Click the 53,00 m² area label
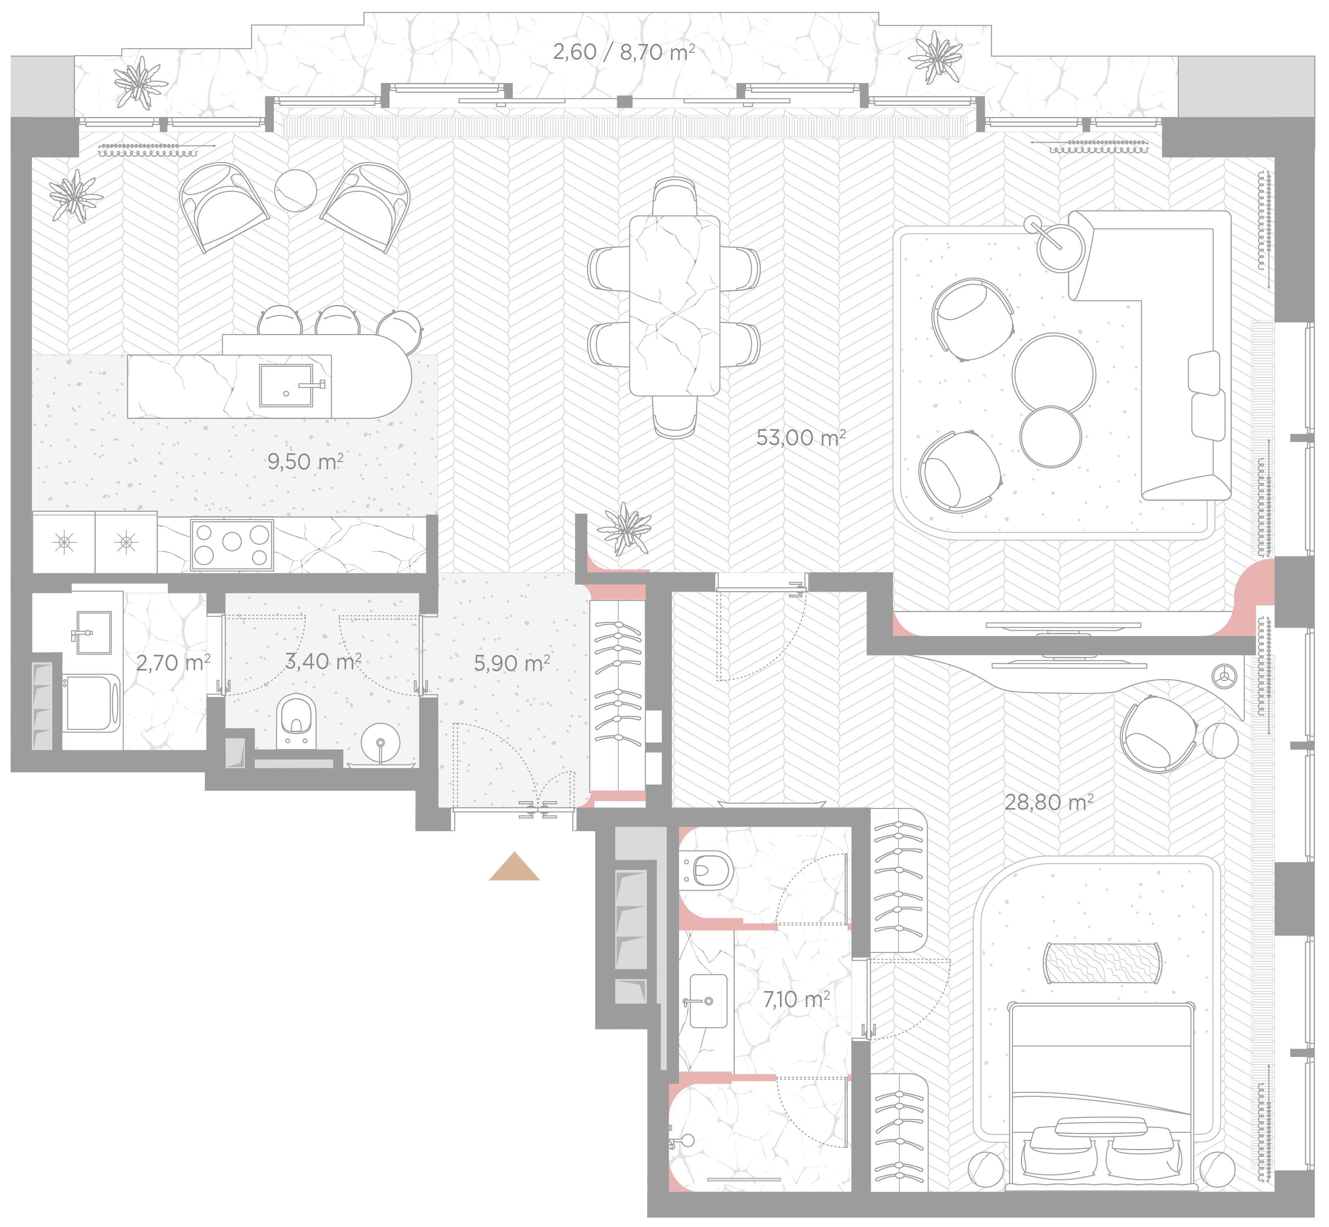tap(800, 437)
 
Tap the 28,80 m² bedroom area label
tap(1049, 803)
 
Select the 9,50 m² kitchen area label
tap(305, 462)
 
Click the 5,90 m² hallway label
tap(512, 663)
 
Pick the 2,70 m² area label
tap(173, 663)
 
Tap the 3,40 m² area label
tap(323, 661)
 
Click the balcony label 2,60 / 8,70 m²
tap(624, 52)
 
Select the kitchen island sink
tap(286, 385)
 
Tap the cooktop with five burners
tap(232, 545)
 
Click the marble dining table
tap(675, 305)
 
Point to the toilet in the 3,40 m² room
tap(296, 722)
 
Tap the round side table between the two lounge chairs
tap(296, 191)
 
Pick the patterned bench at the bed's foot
tap(1103, 963)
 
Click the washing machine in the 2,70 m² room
tap(92, 704)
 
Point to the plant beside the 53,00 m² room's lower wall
tap(624, 529)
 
